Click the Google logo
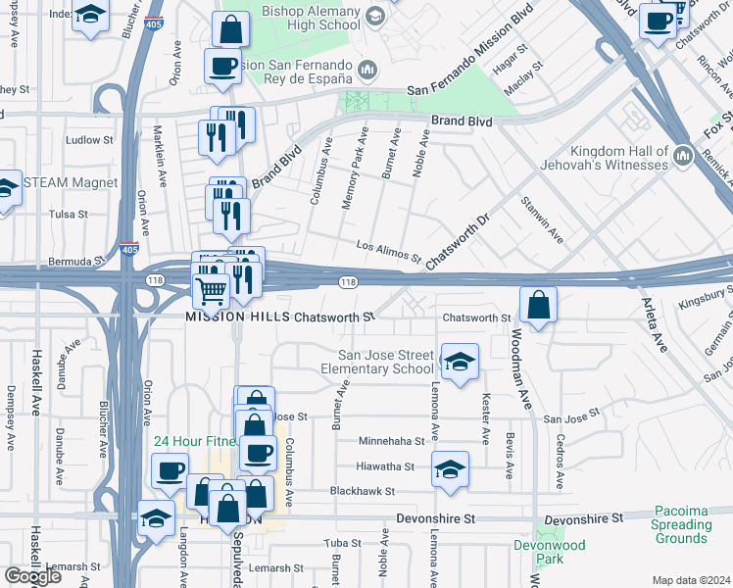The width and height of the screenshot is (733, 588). click(x=32, y=576)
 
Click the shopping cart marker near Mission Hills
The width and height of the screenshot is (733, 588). click(x=212, y=289)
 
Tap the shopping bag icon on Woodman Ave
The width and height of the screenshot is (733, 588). click(x=538, y=306)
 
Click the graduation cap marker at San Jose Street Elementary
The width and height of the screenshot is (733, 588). click(x=460, y=364)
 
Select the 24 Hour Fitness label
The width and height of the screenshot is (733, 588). click(x=193, y=441)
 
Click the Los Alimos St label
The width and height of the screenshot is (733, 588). click(x=388, y=253)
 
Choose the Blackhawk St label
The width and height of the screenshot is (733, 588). click(x=362, y=491)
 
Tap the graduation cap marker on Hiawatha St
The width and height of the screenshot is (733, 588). click(x=450, y=471)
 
